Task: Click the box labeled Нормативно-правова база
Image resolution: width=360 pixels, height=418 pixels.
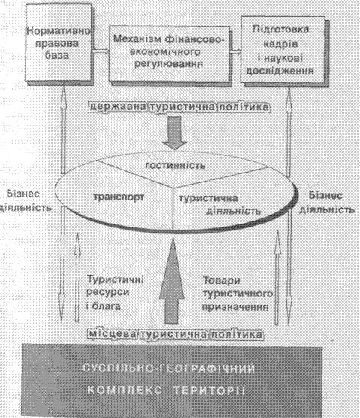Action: [58, 43]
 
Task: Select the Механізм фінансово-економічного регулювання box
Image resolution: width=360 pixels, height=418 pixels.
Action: [169, 53]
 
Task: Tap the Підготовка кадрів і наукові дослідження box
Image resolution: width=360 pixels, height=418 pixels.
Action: [283, 50]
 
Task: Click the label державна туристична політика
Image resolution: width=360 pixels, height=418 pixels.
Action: [179, 107]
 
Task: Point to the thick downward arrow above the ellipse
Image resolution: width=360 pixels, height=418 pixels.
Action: [174, 133]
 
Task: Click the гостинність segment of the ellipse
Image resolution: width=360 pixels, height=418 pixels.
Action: [175, 166]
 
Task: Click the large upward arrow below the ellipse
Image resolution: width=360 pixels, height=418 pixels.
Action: [172, 281]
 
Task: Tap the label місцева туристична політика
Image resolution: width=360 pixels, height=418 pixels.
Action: [175, 334]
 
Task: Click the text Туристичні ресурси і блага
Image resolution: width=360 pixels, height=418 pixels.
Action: [115, 293]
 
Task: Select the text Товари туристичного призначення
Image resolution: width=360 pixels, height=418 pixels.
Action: [237, 293]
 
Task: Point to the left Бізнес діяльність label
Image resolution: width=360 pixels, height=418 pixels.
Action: [25, 200]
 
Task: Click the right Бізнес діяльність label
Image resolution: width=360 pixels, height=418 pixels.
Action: [327, 202]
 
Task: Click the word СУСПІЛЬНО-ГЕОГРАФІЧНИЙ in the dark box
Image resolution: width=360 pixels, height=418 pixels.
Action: [169, 369]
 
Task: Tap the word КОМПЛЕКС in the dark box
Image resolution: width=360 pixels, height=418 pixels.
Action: [124, 390]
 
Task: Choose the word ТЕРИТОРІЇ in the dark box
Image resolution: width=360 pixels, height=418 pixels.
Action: [209, 391]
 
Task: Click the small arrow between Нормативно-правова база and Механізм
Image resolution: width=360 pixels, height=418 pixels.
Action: [100, 50]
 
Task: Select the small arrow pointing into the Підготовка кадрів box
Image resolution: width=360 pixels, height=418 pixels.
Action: [235, 52]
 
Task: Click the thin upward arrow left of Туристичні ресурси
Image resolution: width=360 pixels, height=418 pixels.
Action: [77, 277]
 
